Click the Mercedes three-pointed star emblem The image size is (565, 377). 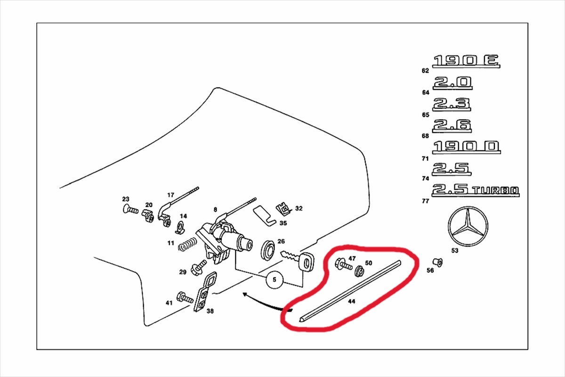468,227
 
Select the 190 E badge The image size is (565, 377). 466,61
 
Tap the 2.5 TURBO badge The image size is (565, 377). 476,190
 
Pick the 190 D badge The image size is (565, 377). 467,147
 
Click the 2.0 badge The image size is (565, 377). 452,82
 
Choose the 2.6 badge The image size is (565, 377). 452,125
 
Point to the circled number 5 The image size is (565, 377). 274,280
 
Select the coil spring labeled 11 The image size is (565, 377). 187,245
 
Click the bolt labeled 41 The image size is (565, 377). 184,298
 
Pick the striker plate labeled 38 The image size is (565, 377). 204,292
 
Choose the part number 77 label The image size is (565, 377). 426,201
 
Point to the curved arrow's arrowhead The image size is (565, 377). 244,295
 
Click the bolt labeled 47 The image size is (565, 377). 342,265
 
